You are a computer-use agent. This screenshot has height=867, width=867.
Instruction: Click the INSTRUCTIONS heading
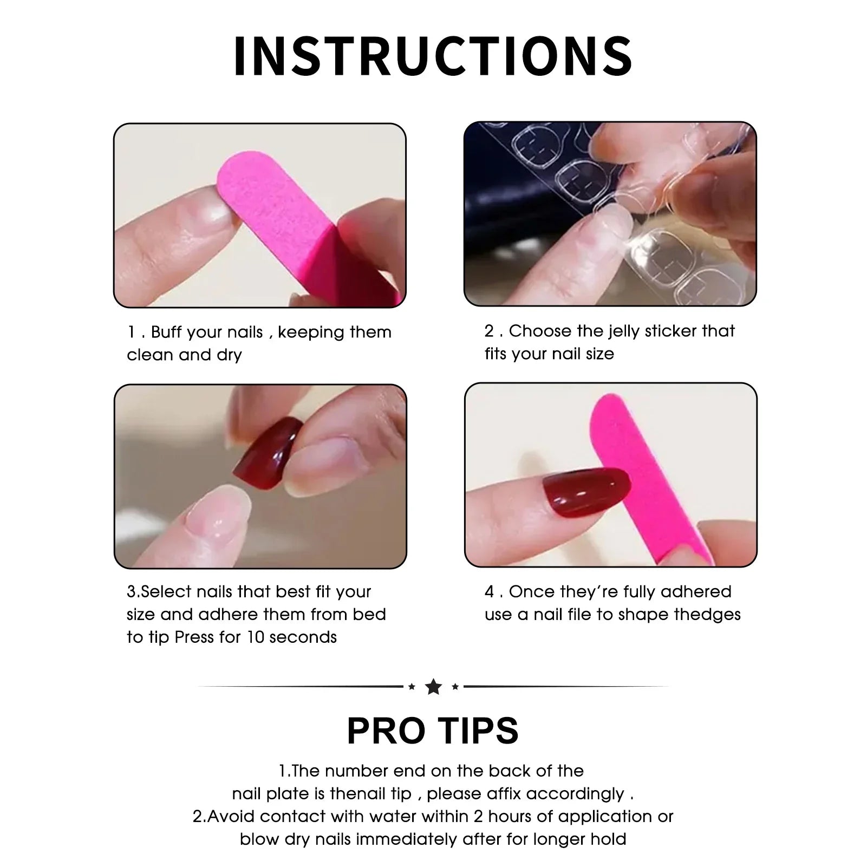(433, 56)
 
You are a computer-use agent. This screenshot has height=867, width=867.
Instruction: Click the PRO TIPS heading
(433, 731)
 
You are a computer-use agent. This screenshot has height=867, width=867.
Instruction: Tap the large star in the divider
(433, 687)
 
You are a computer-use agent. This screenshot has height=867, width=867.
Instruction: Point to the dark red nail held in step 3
(268, 455)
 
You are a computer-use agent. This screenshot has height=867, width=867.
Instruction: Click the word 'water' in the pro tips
(388, 817)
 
